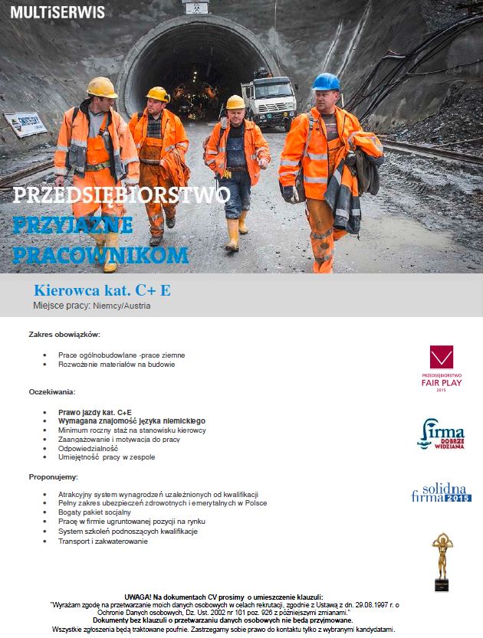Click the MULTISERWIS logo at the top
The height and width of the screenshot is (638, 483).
click(57, 12)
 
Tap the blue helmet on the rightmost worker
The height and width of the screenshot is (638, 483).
click(326, 81)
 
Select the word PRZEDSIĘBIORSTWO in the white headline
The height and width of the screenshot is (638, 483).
click(121, 195)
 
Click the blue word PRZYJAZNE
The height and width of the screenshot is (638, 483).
click(73, 224)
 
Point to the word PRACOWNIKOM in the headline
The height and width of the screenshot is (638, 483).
click(100, 254)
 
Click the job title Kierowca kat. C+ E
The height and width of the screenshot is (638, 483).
click(102, 290)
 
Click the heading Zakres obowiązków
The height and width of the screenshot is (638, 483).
click(64, 335)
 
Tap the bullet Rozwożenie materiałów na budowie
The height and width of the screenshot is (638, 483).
click(117, 365)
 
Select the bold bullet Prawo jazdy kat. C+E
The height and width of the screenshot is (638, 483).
click(95, 412)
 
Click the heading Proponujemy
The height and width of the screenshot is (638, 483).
click(54, 476)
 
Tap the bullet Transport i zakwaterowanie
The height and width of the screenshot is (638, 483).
click(103, 541)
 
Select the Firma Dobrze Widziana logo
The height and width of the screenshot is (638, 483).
click(441, 434)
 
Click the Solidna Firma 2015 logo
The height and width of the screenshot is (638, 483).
click(441, 492)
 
